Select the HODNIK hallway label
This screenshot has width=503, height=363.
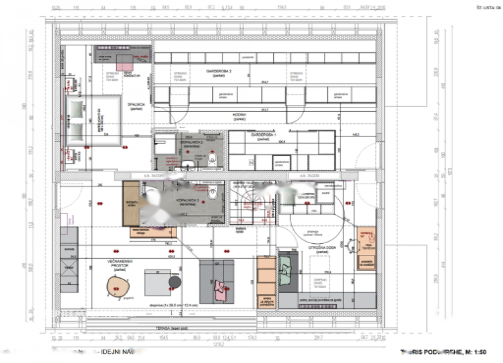239,115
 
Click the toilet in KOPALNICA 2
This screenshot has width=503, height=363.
213,159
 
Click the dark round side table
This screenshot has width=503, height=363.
175,282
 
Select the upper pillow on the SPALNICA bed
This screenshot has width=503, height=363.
77,108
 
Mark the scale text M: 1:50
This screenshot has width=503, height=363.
476,352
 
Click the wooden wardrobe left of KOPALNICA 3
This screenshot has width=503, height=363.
131,203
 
